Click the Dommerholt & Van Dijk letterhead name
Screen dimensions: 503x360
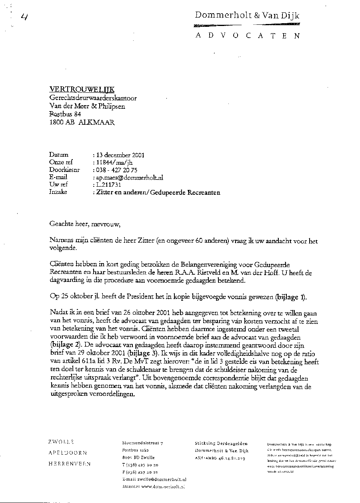tap(247, 16)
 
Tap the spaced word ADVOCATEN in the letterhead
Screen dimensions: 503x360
tap(247, 36)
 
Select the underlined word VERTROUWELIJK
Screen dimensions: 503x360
tap(82, 90)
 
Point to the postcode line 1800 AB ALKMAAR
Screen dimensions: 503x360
tap(82, 123)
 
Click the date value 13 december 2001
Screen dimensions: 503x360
tap(118, 155)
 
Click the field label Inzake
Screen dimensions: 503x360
tap(58, 192)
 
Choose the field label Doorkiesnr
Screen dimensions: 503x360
tap(64, 170)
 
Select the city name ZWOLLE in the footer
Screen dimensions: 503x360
tap(61, 442)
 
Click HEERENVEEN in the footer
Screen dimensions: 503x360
tap(69, 464)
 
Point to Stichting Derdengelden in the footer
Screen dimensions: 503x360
tap(221, 443)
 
